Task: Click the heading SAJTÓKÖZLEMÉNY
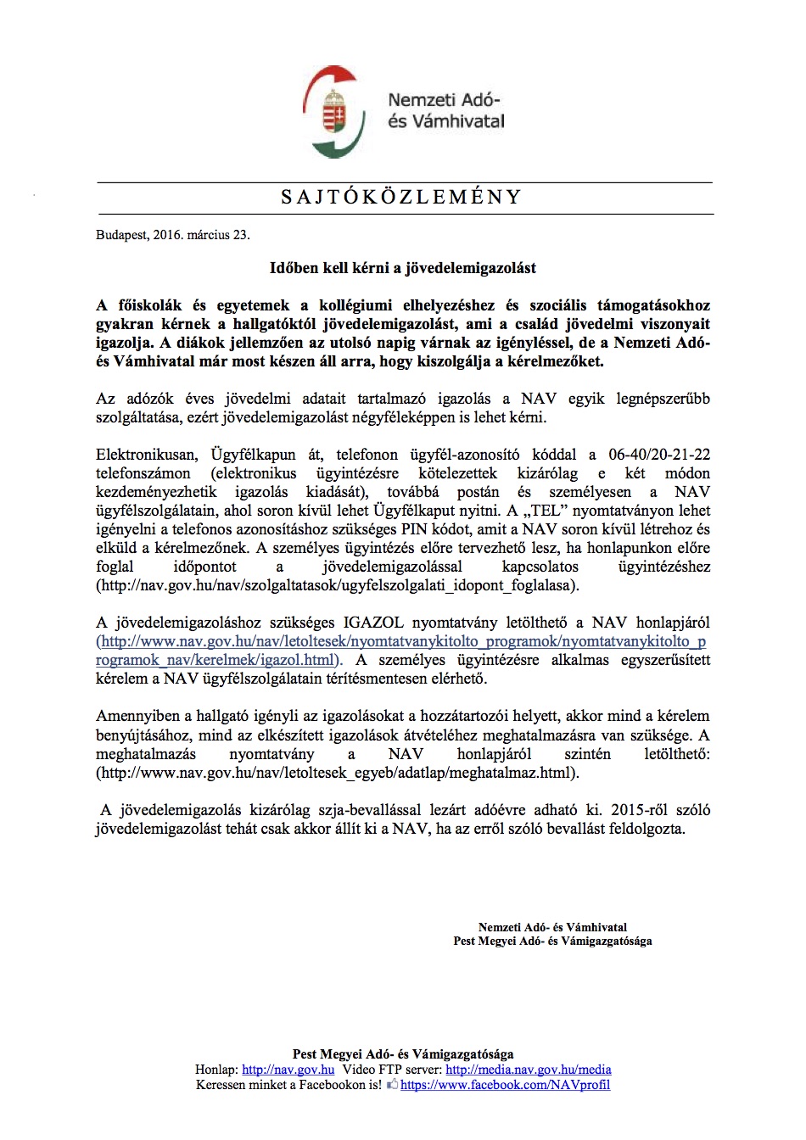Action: pyautogui.click(x=401, y=198)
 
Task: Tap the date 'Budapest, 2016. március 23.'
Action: pyautogui.click(x=173, y=235)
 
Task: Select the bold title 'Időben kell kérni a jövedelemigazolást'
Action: pyautogui.click(x=403, y=268)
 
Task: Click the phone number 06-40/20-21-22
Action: pyautogui.click(x=659, y=455)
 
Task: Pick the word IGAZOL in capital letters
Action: pyautogui.click(x=373, y=623)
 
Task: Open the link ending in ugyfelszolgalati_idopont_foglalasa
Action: pyautogui.click(x=338, y=585)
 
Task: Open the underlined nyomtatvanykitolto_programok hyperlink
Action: pyautogui.click(x=403, y=641)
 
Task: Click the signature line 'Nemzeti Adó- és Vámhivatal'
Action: pyautogui.click(x=552, y=927)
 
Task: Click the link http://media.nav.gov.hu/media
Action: pyautogui.click(x=528, y=1070)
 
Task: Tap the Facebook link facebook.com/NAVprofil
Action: pyautogui.click(x=505, y=1085)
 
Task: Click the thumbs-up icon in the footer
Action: pyautogui.click(x=392, y=1085)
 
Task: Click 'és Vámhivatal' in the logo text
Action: pyautogui.click(x=445, y=121)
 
